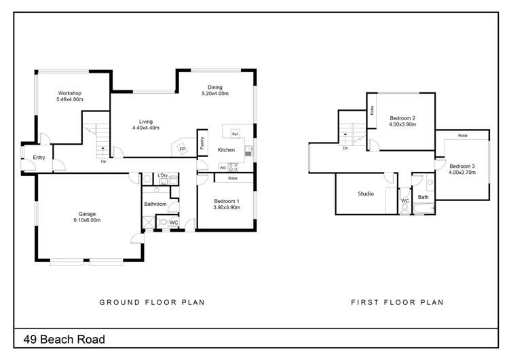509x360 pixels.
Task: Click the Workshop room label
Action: [70, 93]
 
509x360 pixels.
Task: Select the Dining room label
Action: [215, 87]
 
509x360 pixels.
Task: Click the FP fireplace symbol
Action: [182, 149]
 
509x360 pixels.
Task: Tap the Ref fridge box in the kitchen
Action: [235, 134]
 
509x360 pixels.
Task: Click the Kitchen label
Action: [226, 150]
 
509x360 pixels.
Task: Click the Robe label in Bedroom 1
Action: [232, 178]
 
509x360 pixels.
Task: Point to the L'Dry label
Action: [163, 176]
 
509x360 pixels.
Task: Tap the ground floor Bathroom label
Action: [155, 204]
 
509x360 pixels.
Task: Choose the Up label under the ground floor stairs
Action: [103, 162]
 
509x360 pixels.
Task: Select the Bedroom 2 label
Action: [402, 118]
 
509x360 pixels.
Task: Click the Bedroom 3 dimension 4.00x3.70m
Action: [462, 173]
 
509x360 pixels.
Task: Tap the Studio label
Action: [366, 194]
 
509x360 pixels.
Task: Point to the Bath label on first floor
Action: [423, 198]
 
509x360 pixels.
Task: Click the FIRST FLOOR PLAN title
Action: [396, 302]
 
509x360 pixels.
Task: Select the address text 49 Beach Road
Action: [64, 338]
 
